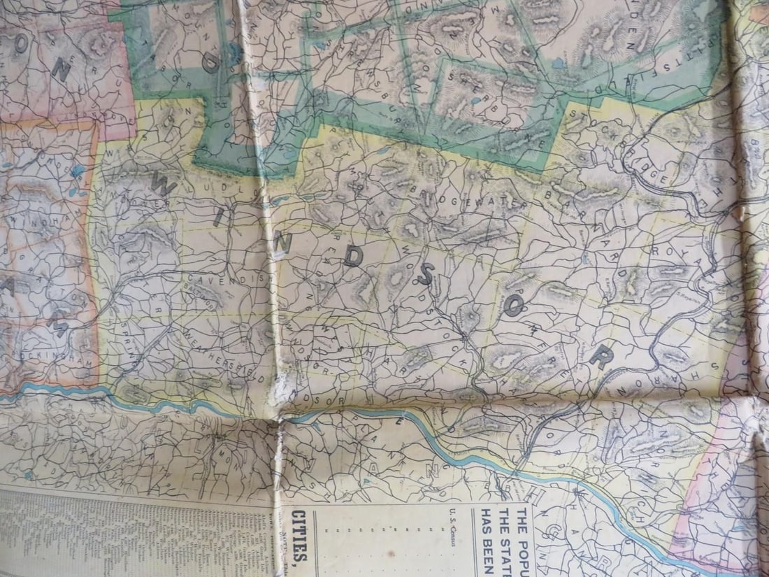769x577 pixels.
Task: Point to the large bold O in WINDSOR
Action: (512, 306)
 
